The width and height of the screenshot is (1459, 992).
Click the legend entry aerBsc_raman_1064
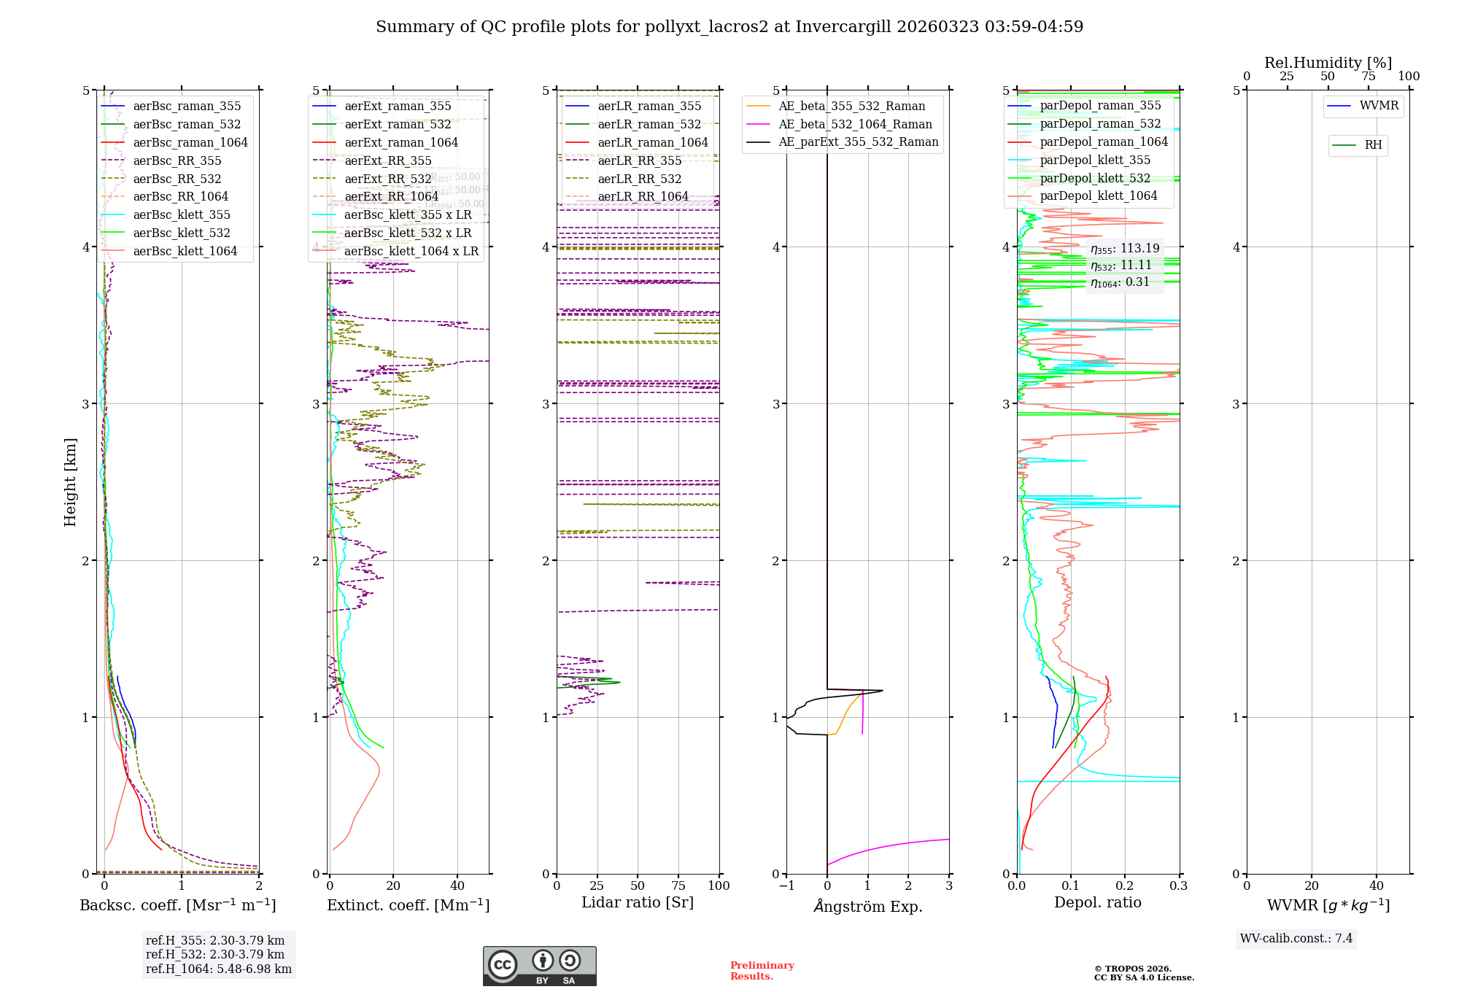pyautogui.click(x=190, y=143)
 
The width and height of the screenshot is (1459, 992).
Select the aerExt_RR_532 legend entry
pyautogui.click(x=387, y=179)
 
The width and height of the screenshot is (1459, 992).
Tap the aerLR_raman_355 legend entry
pyautogui.click(x=649, y=106)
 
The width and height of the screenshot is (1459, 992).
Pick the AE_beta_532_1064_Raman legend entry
pyautogui.click(x=855, y=125)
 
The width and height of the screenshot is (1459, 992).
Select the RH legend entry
pyautogui.click(x=1373, y=145)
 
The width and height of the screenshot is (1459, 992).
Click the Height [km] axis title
pyautogui.click(x=70, y=482)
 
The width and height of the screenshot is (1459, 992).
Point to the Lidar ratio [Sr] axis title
pyautogui.click(x=638, y=903)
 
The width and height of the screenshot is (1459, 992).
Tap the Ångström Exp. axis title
pyautogui.click(x=868, y=907)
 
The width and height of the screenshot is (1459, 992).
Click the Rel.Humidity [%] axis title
pyautogui.click(x=1328, y=63)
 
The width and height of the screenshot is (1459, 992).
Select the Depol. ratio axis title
pyautogui.click(x=1098, y=903)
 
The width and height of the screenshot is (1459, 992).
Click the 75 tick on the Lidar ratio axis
pyautogui.click(x=678, y=886)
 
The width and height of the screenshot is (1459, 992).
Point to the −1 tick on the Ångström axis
pyautogui.click(x=786, y=886)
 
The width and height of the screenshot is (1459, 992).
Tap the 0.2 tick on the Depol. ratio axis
pyautogui.click(x=1125, y=886)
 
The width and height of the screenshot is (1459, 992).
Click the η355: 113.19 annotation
pyautogui.click(x=1125, y=249)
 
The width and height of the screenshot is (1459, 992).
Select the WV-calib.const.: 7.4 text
pyautogui.click(x=1296, y=939)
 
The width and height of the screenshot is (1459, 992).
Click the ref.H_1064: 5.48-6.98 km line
pyautogui.click(x=219, y=969)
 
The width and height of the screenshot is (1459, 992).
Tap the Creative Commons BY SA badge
pyautogui.click(x=539, y=966)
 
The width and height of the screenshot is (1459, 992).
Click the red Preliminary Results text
pyautogui.click(x=762, y=971)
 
